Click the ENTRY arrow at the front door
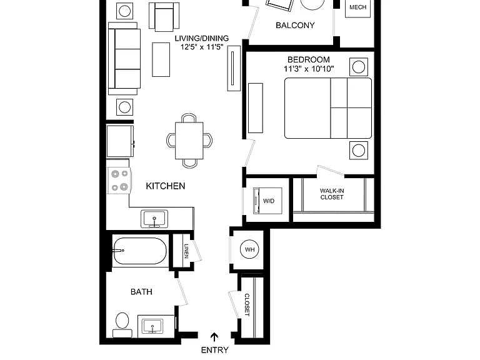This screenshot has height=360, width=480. click(x=214, y=337)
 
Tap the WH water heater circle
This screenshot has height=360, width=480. click(x=249, y=249)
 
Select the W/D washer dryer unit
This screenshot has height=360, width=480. click(x=267, y=201)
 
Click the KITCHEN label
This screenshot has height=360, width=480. click(x=165, y=186)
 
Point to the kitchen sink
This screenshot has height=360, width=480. click(x=154, y=219)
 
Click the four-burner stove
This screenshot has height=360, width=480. click(x=119, y=180)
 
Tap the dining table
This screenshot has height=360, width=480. click(x=189, y=141)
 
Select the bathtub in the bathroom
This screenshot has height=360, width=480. click(x=140, y=251)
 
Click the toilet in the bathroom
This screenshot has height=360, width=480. click(x=122, y=325)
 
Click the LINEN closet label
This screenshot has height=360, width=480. click(x=186, y=251)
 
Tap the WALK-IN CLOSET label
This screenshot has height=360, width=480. click(x=332, y=194)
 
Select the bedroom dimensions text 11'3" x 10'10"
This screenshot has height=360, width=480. click(x=309, y=69)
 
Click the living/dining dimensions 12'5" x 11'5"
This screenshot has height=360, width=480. click(x=202, y=47)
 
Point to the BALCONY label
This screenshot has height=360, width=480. click(x=295, y=26)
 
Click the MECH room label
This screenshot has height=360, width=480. click(x=358, y=7)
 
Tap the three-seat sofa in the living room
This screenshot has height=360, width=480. click(x=124, y=59)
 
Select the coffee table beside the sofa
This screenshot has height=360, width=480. click(x=161, y=59)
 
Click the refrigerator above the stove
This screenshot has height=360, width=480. click(x=120, y=141)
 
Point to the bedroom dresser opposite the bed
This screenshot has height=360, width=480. click(x=255, y=108)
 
